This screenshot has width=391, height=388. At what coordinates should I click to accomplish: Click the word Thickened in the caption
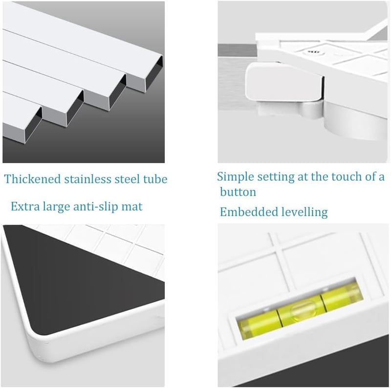pos(33,179)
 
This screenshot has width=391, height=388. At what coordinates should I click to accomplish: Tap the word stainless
pos(88,179)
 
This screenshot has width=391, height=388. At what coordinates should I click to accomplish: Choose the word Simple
pos(236,177)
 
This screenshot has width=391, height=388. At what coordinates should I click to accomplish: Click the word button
pos(238,192)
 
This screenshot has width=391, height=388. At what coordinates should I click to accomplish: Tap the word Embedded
pos(249,212)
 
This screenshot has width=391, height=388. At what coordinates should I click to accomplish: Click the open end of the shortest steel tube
pos(22,126)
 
